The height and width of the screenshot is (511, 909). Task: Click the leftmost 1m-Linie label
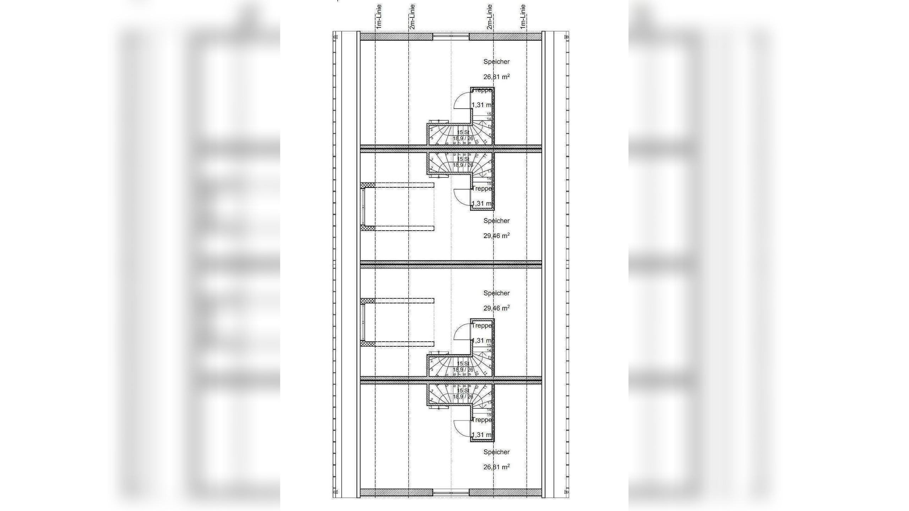[x=379, y=16]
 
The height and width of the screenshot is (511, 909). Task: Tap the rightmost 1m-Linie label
[x=523, y=16]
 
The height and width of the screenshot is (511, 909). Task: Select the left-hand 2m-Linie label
[x=412, y=16]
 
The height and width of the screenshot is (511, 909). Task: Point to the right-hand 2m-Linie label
[x=490, y=16]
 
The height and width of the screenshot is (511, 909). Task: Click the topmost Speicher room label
[x=496, y=62]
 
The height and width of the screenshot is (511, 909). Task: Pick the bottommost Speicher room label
[x=496, y=452]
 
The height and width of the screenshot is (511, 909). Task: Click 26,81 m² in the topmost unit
[x=496, y=77]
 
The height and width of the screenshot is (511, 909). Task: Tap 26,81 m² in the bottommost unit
[x=496, y=467]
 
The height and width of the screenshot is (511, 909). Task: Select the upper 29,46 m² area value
[x=496, y=236]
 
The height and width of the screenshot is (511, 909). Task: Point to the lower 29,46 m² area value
[x=496, y=308]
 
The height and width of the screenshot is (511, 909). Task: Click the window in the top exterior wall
[x=451, y=36]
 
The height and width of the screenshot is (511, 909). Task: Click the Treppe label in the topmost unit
[x=482, y=90]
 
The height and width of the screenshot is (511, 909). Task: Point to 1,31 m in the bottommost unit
[x=481, y=435]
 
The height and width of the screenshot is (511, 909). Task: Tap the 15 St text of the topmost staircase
[x=463, y=132]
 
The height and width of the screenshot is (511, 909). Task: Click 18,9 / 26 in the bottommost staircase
[x=463, y=397]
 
